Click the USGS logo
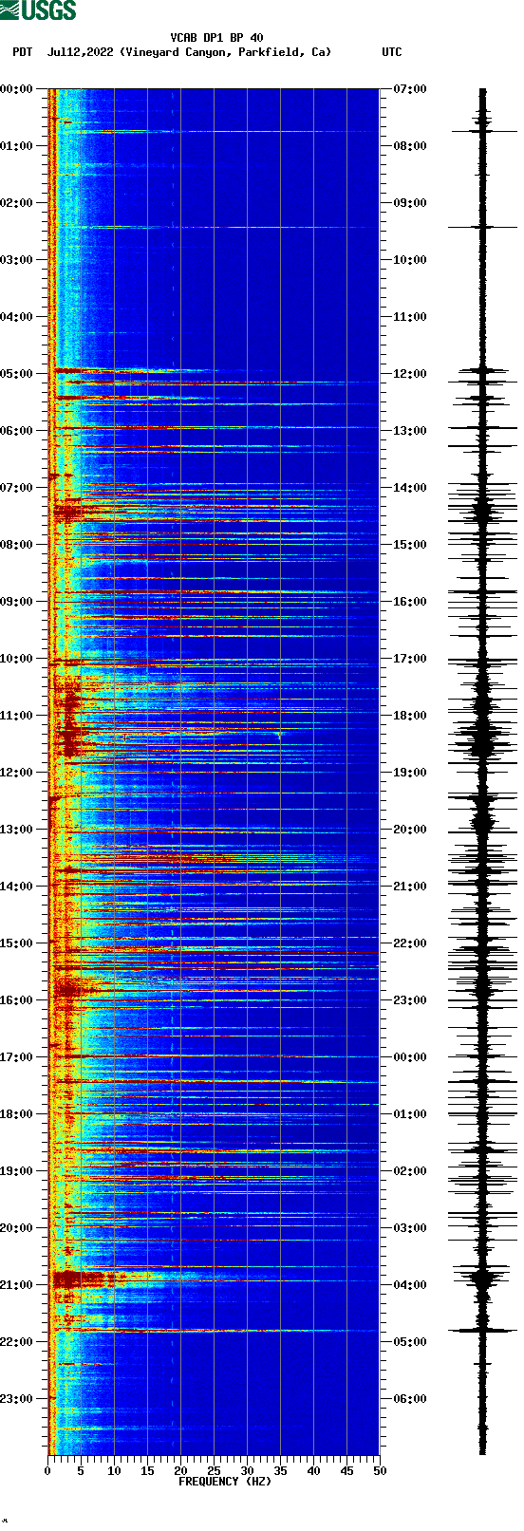[x=38, y=10]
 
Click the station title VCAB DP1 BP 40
[x=216, y=38]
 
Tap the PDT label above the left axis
[x=22, y=52]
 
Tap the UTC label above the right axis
[x=391, y=52]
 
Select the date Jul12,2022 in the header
[x=82, y=52]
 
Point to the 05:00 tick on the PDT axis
[x=16, y=374]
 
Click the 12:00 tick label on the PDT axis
[x=16, y=773]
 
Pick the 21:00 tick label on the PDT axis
[x=16, y=1285]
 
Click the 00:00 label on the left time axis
[x=16, y=89]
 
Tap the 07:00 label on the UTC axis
[x=410, y=89]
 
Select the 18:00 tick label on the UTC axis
[x=410, y=716]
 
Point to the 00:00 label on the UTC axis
[x=410, y=1057]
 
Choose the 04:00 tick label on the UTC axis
[x=410, y=1285]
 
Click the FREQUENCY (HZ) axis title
[x=224, y=1482]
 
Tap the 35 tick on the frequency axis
[x=280, y=1471]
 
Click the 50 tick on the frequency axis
[x=380, y=1471]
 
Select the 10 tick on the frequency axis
[x=114, y=1471]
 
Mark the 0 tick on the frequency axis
[x=47, y=1471]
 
